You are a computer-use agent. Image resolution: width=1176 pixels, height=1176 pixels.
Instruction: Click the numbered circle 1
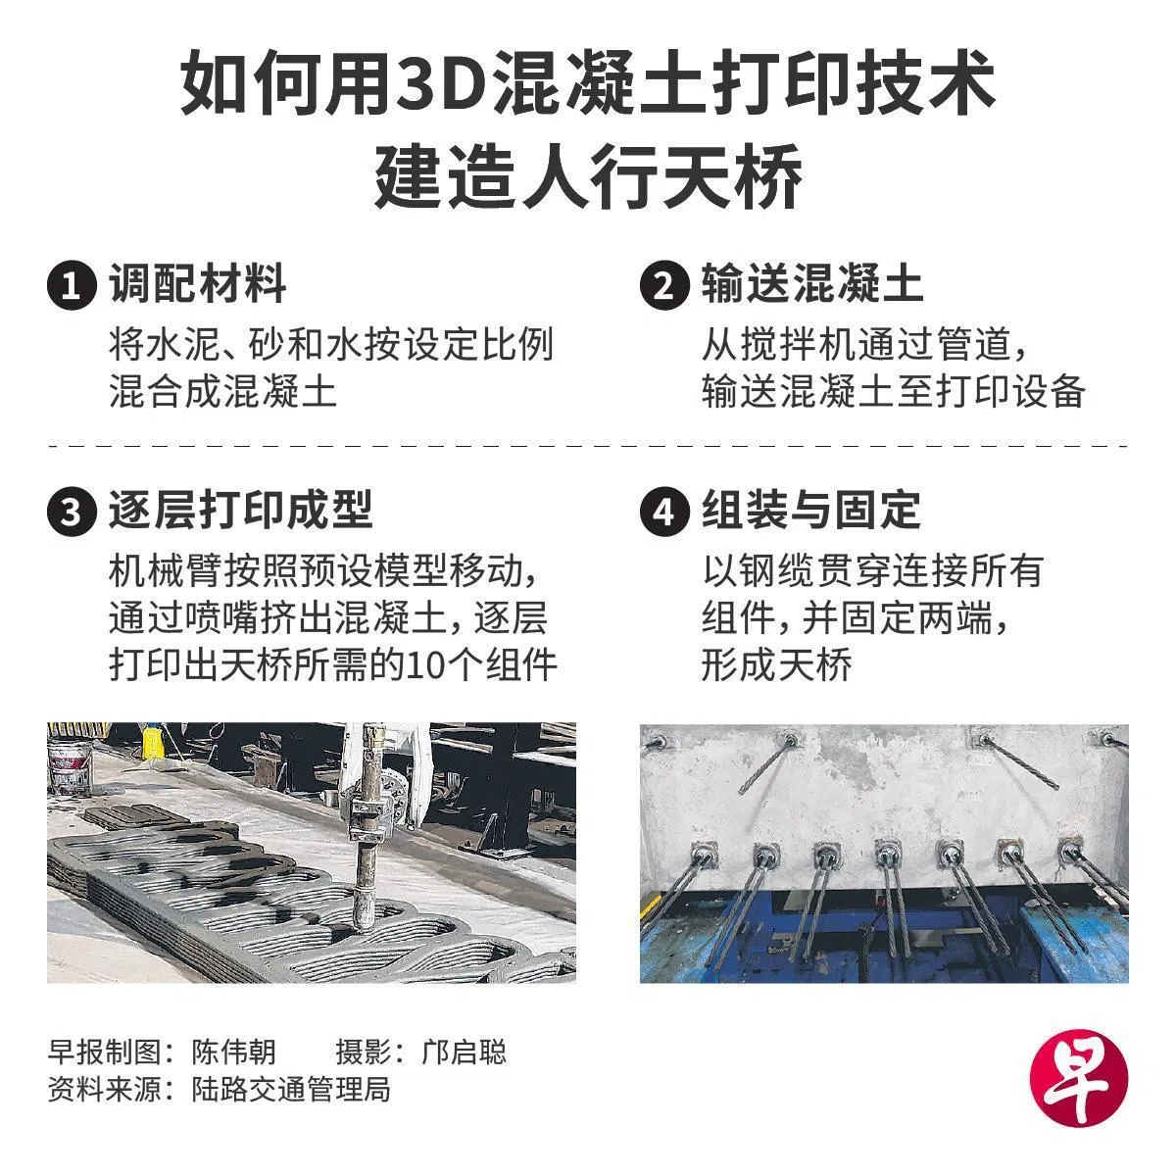pyautogui.click(x=72, y=285)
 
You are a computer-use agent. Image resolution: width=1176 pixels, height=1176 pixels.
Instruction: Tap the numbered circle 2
pyautogui.click(x=664, y=285)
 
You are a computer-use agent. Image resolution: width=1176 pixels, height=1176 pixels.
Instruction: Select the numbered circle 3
pyautogui.click(x=72, y=511)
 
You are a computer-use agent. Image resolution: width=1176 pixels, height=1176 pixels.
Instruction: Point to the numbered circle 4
pyautogui.click(x=664, y=511)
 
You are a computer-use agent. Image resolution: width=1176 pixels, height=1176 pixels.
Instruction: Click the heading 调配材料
pyautogui.click(x=198, y=284)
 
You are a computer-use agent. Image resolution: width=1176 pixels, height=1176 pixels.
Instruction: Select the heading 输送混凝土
pyautogui.click(x=812, y=284)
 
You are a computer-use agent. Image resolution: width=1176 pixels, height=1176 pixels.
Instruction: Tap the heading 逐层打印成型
pyautogui.click(x=241, y=510)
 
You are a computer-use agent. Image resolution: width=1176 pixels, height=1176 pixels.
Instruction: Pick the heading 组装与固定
pyautogui.click(x=811, y=510)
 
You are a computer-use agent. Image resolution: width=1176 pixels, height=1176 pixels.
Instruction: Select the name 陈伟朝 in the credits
pyautogui.click(x=234, y=1051)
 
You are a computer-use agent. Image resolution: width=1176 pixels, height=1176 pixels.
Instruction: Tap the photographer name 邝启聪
pyautogui.click(x=464, y=1051)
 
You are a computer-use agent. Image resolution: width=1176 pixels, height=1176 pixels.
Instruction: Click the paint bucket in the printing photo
pyautogui.click(x=71, y=769)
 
